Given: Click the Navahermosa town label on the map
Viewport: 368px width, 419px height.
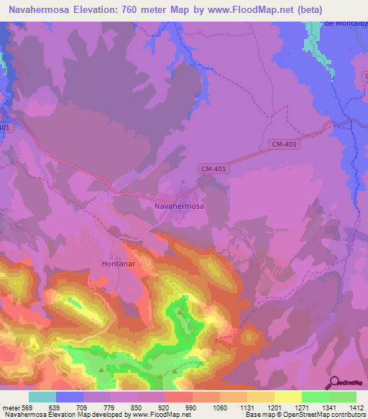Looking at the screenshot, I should coord(179,206).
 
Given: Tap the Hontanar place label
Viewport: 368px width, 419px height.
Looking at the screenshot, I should coord(114,264).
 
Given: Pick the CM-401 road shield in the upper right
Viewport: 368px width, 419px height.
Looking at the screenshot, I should coord(285,145).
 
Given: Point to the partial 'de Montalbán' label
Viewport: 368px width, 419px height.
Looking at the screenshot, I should coord(346,23).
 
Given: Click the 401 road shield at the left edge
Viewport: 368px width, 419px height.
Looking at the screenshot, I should coord(4,128).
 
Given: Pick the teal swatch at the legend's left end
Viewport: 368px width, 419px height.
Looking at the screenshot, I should coord(42,397).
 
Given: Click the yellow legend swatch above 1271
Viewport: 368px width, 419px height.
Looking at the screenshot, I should coord(287,397).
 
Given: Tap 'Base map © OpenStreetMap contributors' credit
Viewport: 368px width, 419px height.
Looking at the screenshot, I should coord(305,415).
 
